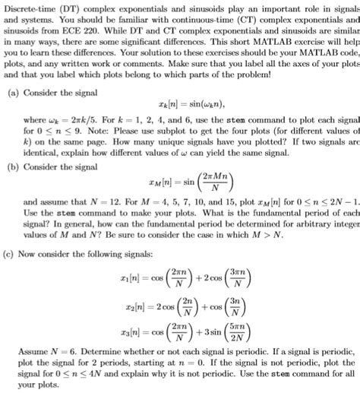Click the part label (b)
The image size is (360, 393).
coord(11,166)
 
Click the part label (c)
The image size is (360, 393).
coord(11,252)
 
